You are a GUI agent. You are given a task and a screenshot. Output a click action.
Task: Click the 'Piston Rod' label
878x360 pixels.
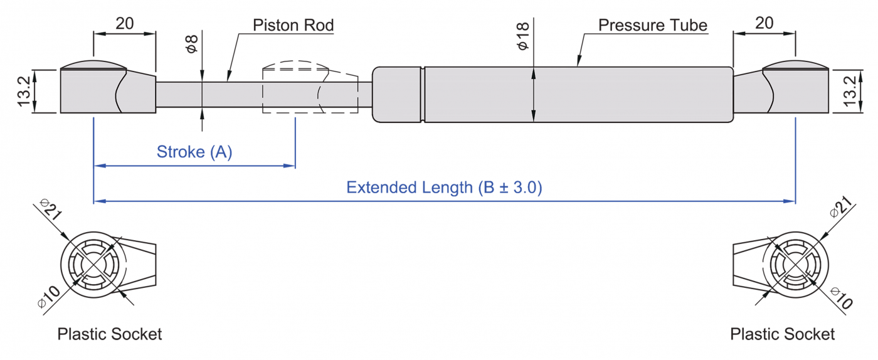[x=293, y=26]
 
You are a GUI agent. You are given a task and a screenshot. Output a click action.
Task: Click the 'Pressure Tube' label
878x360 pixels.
[x=652, y=26]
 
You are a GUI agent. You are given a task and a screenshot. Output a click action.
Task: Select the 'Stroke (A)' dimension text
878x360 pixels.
[x=194, y=152]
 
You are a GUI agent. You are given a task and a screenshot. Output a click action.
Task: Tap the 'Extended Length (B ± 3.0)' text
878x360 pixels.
[x=444, y=188]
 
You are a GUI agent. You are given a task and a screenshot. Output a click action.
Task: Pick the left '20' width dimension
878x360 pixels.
[x=125, y=23]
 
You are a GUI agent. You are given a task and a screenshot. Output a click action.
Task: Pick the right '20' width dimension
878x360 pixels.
[x=764, y=23]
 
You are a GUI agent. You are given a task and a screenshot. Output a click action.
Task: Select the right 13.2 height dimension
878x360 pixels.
[x=850, y=91]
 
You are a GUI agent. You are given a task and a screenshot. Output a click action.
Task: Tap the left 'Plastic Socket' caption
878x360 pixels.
[x=110, y=334]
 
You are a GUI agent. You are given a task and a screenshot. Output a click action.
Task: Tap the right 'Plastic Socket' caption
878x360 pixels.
[x=782, y=334]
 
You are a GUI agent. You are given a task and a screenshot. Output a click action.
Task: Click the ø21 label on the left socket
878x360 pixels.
[x=51, y=209]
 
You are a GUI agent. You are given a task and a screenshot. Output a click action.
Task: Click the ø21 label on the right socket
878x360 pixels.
[x=840, y=208]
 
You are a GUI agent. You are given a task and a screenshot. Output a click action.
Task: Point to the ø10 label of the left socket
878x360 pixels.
[x=49, y=296]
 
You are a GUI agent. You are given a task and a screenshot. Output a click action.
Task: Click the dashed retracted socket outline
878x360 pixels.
[x=295, y=88]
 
